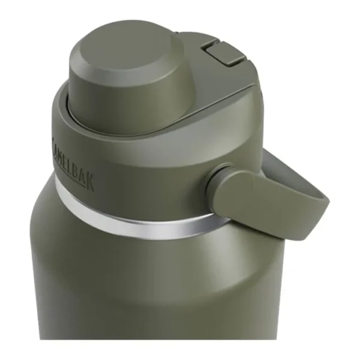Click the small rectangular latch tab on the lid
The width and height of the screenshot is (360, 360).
pos(224,51)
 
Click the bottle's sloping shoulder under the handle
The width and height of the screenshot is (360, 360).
pos(240,240)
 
